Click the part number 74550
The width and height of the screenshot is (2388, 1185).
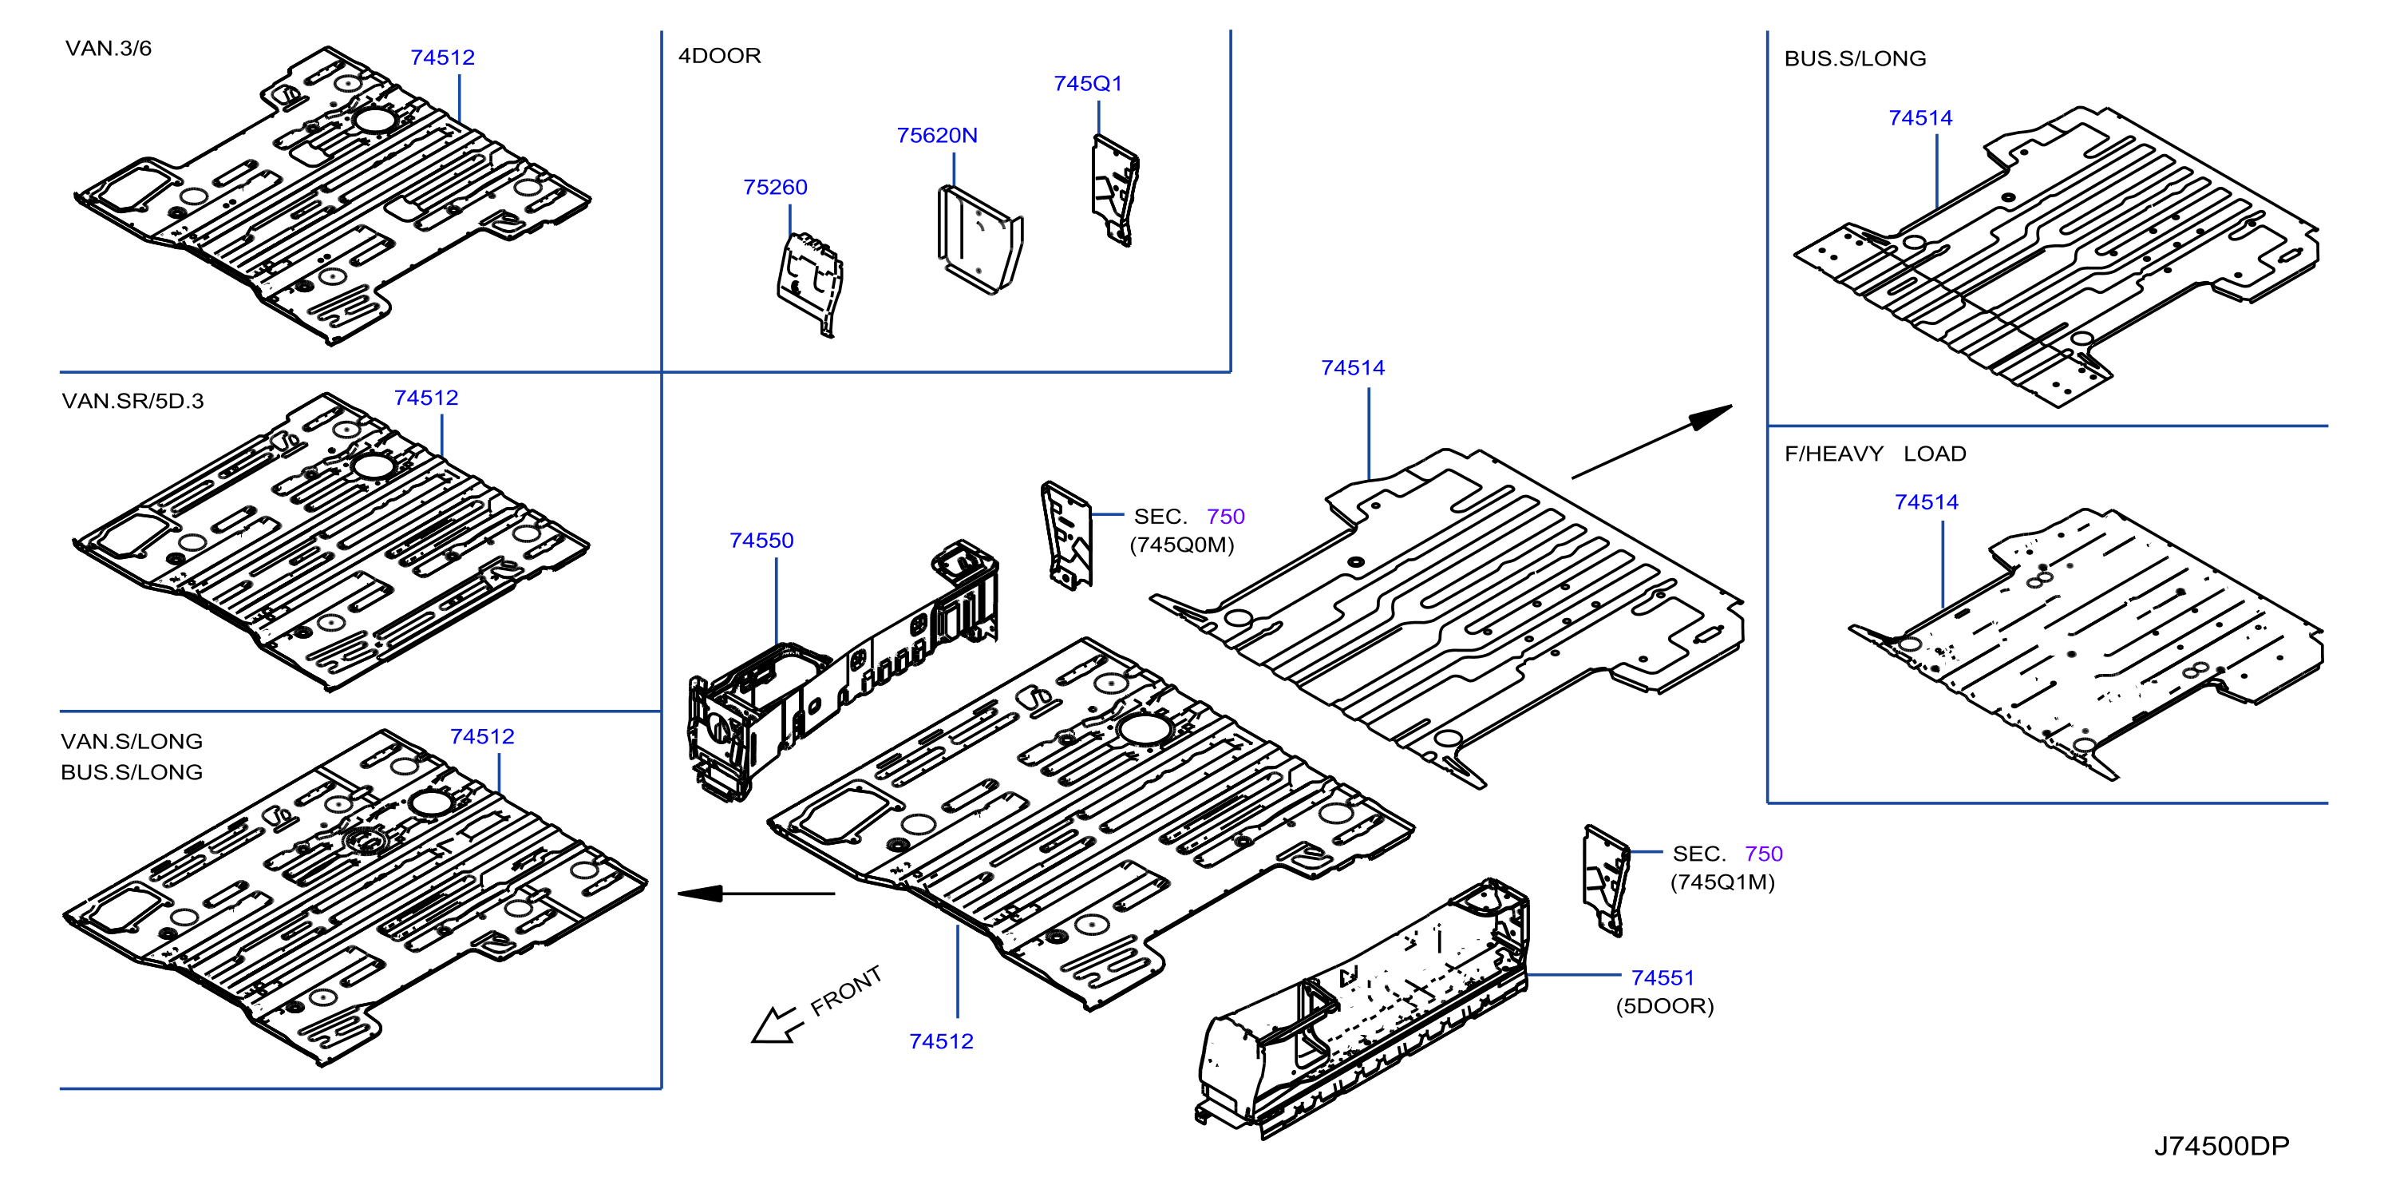point(761,541)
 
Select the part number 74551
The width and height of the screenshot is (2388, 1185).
point(1663,978)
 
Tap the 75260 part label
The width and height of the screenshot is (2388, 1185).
point(775,188)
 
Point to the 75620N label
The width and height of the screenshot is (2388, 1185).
point(936,136)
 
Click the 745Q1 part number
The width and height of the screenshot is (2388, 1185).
point(1087,84)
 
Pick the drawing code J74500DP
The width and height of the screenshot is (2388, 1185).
point(2221,1146)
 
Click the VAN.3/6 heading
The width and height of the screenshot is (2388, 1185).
point(109,48)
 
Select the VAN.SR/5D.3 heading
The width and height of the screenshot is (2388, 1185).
point(132,401)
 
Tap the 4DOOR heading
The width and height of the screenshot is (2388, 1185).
point(719,56)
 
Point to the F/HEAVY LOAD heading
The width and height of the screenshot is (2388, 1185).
point(1875,454)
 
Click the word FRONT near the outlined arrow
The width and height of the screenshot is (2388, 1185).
point(845,990)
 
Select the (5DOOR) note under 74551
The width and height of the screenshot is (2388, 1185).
point(1664,1006)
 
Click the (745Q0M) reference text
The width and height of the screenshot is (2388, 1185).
point(1181,545)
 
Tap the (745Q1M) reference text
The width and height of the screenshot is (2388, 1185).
point(1722,882)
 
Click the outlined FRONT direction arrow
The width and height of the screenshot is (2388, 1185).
point(775,1024)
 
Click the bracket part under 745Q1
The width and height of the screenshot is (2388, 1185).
point(1115,191)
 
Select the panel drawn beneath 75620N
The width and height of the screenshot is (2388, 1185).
point(980,240)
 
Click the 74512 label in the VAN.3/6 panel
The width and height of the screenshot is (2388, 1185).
point(442,57)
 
